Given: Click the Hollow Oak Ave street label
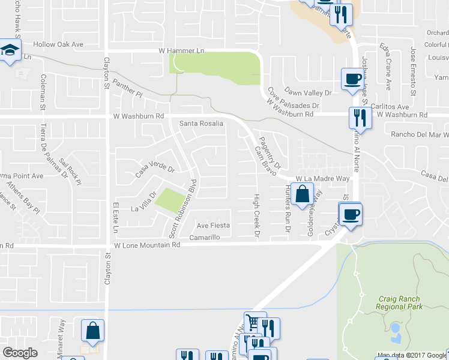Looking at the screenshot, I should pyautogui.click(x=58, y=44).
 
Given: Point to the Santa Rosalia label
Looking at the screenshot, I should pyautogui.click(x=202, y=124).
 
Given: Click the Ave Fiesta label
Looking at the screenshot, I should pyautogui.click(x=213, y=226).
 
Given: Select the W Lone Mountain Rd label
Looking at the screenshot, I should pyautogui.click(x=147, y=245).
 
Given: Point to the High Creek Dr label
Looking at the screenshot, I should pyautogui.click(x=256, y=215).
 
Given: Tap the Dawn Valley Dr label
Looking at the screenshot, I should pyautogui.click(x=308, y=93).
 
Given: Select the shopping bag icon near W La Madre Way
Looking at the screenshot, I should pyautogui.click(x=303, y=194).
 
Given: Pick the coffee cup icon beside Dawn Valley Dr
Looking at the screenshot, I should pyautogui.click(x=352, y=79).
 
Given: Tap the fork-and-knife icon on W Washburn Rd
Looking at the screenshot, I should pyautogui.click(x=360, y=118).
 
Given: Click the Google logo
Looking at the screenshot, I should pyautogui.click(x=20, y=353).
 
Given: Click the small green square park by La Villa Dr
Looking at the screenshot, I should pyautogui.click(x=169, y=202).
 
